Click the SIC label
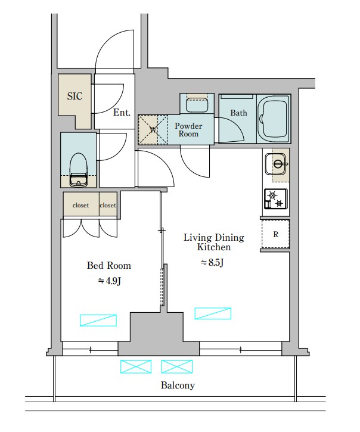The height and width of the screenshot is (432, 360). tap(75, 96)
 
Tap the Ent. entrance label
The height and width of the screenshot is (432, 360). tap(122, 113)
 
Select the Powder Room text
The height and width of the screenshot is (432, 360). tap(188, 130)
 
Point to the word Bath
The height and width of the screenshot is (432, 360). tap(239, 113)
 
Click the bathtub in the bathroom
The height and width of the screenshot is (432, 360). tap(274, 119)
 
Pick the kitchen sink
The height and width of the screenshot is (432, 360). tap(277, 164)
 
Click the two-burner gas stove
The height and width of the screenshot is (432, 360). tap(276, 199)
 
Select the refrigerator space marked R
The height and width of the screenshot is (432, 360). tap(275, 234)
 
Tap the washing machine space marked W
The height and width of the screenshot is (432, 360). tap(153, 129)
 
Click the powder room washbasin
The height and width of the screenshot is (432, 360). tap(197, 104)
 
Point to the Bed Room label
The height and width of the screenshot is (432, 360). tap(109, 265)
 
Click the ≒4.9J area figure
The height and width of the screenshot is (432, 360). tap(110, 281)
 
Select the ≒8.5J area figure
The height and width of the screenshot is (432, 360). tap(213, 263)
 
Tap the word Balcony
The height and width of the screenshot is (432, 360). tap(178, 385)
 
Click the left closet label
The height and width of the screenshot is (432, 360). tap(81, 205)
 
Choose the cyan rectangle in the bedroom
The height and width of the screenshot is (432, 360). tap(98, 321)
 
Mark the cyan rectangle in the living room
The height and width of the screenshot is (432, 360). tap(213, 313)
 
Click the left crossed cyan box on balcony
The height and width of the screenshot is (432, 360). tap(136, 366)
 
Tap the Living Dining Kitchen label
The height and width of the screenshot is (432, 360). tap(214, 242)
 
